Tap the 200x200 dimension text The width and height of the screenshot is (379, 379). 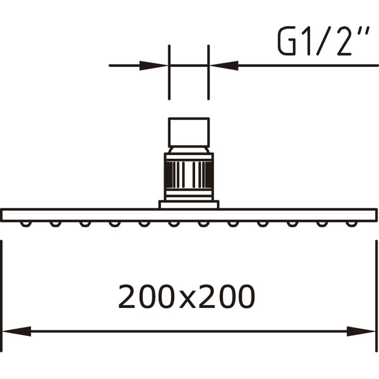tap(186, 297)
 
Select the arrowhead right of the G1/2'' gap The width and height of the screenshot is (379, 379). tap(225, 65)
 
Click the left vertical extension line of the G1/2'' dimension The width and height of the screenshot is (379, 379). tap(169, 72)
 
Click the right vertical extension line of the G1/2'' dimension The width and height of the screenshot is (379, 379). tap(208, 72)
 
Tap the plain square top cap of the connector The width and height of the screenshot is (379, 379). tap(188, 132)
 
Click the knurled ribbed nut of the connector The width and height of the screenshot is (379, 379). tap(188, 174)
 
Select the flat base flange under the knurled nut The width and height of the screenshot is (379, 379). tap(188, 205)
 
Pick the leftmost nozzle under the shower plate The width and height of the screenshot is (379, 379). tap(25, 224)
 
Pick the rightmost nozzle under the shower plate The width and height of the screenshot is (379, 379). tap(351, 224)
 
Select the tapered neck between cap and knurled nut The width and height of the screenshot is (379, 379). tap(188, 150)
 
